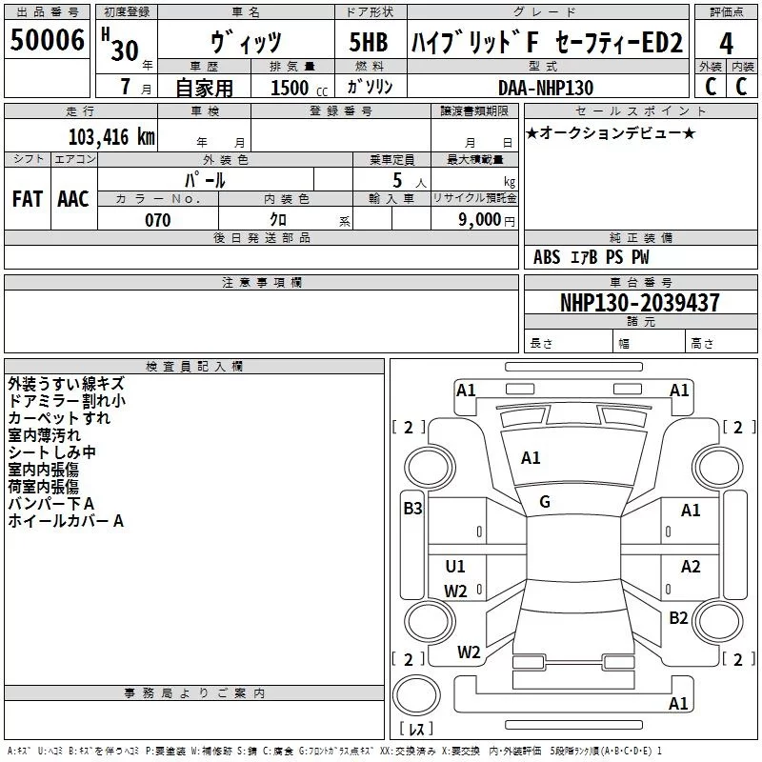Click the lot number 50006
pos(47,41)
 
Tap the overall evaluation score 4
pos(727,44)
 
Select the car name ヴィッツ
pos(245,44)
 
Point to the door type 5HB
pos(368,44)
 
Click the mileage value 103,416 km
pos(112,137)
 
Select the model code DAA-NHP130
pos(546,88)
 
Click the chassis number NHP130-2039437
pos(639,303)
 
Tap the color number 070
pos(157,220)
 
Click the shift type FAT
pos(27,198)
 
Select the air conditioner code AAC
pos(73,198)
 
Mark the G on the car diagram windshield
pos(545,502)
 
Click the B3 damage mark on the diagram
pos(412,509)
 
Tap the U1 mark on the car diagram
pos(455,567)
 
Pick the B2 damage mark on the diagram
pos(678,618)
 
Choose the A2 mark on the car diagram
pos(691,567)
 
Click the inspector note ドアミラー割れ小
pos(66,401)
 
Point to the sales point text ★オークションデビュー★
pos(611,133)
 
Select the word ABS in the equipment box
pos(547,257)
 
